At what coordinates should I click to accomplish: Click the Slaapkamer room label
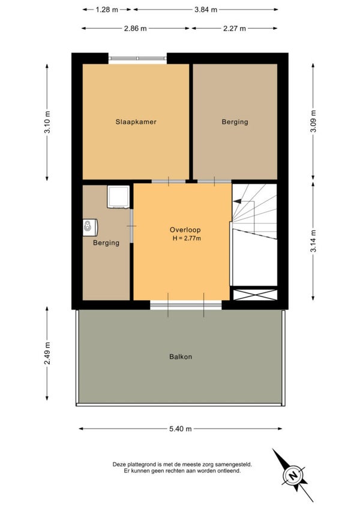click(x=136, y=122)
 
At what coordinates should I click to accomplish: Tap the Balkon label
click(x=181, y=357)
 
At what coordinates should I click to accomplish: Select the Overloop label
click(x=185, y=230)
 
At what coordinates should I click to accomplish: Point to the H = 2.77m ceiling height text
click(x=187, y=238)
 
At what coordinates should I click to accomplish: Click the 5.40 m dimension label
click(x=181, y=429)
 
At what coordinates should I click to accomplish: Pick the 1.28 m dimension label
click(x=107, y=10)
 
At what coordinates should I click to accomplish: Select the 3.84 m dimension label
click(x=206, y=10)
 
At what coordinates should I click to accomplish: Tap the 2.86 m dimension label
click(x=136, y=29)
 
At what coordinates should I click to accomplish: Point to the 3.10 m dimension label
click(x=47, y=122)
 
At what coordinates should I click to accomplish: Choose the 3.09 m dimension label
click(x=313, y=121)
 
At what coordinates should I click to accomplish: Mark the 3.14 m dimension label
click(x=313, y=241)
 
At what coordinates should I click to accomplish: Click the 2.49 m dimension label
click(x=47, y=353)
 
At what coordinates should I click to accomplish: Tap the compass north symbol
click(x=293, y=475)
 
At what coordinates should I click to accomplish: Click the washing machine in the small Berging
click(x=118, y=197)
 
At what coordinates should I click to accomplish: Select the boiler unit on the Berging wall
click(x=90, y=227)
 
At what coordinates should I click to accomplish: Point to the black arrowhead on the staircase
click(x=237, y=201)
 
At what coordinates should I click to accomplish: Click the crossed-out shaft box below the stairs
click(x=255, y=295)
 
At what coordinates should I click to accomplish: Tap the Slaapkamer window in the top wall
click(x=137, y=58)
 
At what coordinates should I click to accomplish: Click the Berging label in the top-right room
click(x=235, y=122)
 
